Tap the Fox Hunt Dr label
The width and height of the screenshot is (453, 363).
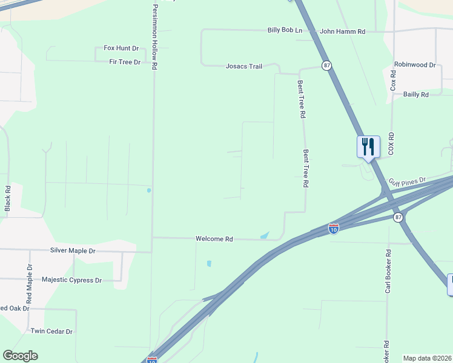121,48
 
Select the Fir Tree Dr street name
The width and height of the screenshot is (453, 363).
125,62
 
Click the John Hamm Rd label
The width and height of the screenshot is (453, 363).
343,31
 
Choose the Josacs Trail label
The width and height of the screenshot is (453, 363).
243,66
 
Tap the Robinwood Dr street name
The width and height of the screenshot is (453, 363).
415,64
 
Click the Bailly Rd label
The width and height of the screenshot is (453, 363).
416,94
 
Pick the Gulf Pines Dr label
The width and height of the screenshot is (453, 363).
408,181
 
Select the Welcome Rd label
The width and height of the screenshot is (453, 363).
214,239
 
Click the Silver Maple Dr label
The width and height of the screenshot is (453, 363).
73,250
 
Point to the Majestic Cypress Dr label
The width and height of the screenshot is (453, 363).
71,280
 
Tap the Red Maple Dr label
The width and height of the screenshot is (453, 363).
28,284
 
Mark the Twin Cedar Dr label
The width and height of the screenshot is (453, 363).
51,332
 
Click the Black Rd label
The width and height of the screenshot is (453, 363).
8,198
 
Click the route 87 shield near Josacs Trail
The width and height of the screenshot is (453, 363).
326,65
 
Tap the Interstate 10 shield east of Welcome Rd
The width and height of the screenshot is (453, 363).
333,228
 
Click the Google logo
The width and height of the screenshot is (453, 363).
20,356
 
